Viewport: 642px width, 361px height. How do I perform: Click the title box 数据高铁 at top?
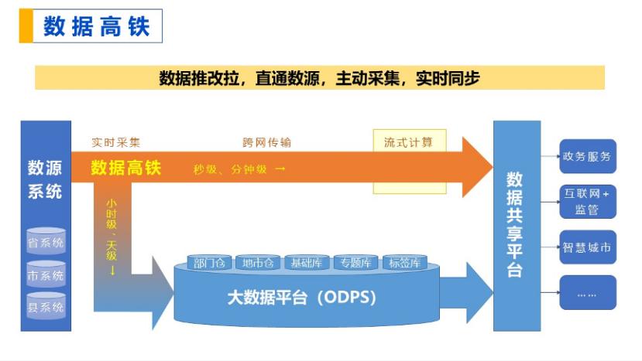(98, 26)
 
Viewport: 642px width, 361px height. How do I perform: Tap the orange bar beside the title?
(26, 26)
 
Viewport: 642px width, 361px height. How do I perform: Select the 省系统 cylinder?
(46, 242)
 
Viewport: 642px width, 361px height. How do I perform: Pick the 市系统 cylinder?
(46, 274)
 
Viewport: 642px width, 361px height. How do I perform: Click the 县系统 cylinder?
(46, 306)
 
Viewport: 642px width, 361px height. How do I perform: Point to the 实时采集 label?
(116, 142)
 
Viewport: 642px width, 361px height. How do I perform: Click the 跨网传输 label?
(266, 142)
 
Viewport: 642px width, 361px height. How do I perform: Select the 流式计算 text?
(408, 142)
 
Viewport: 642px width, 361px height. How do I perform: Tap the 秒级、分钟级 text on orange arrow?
(231, 169)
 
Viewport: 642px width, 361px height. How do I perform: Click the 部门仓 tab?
(209, 263)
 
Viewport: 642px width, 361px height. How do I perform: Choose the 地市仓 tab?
(258, 263)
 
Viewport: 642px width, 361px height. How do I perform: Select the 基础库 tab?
(307, 263)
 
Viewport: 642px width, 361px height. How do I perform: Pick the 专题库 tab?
(355, 263)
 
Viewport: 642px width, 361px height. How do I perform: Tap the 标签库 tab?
(404, 263)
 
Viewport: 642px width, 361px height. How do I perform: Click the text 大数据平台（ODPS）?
(302, 297)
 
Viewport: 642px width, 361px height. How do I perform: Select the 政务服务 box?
(588, 156)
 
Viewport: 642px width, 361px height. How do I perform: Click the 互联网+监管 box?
(588, 202)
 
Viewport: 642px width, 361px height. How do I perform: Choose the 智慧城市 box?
(588, 247)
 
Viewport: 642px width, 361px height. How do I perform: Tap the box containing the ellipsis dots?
(588, 292)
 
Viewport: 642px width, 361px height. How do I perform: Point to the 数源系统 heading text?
(45, 179)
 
